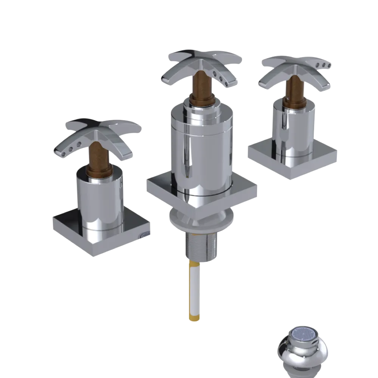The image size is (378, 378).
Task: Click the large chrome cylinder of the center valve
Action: pyautogui.click(x=202, y=151)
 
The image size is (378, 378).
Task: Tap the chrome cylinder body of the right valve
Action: pyautogui.click(x=293, y=129)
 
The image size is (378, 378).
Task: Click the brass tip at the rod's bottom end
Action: pyautogui.click(x=193, y=318)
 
